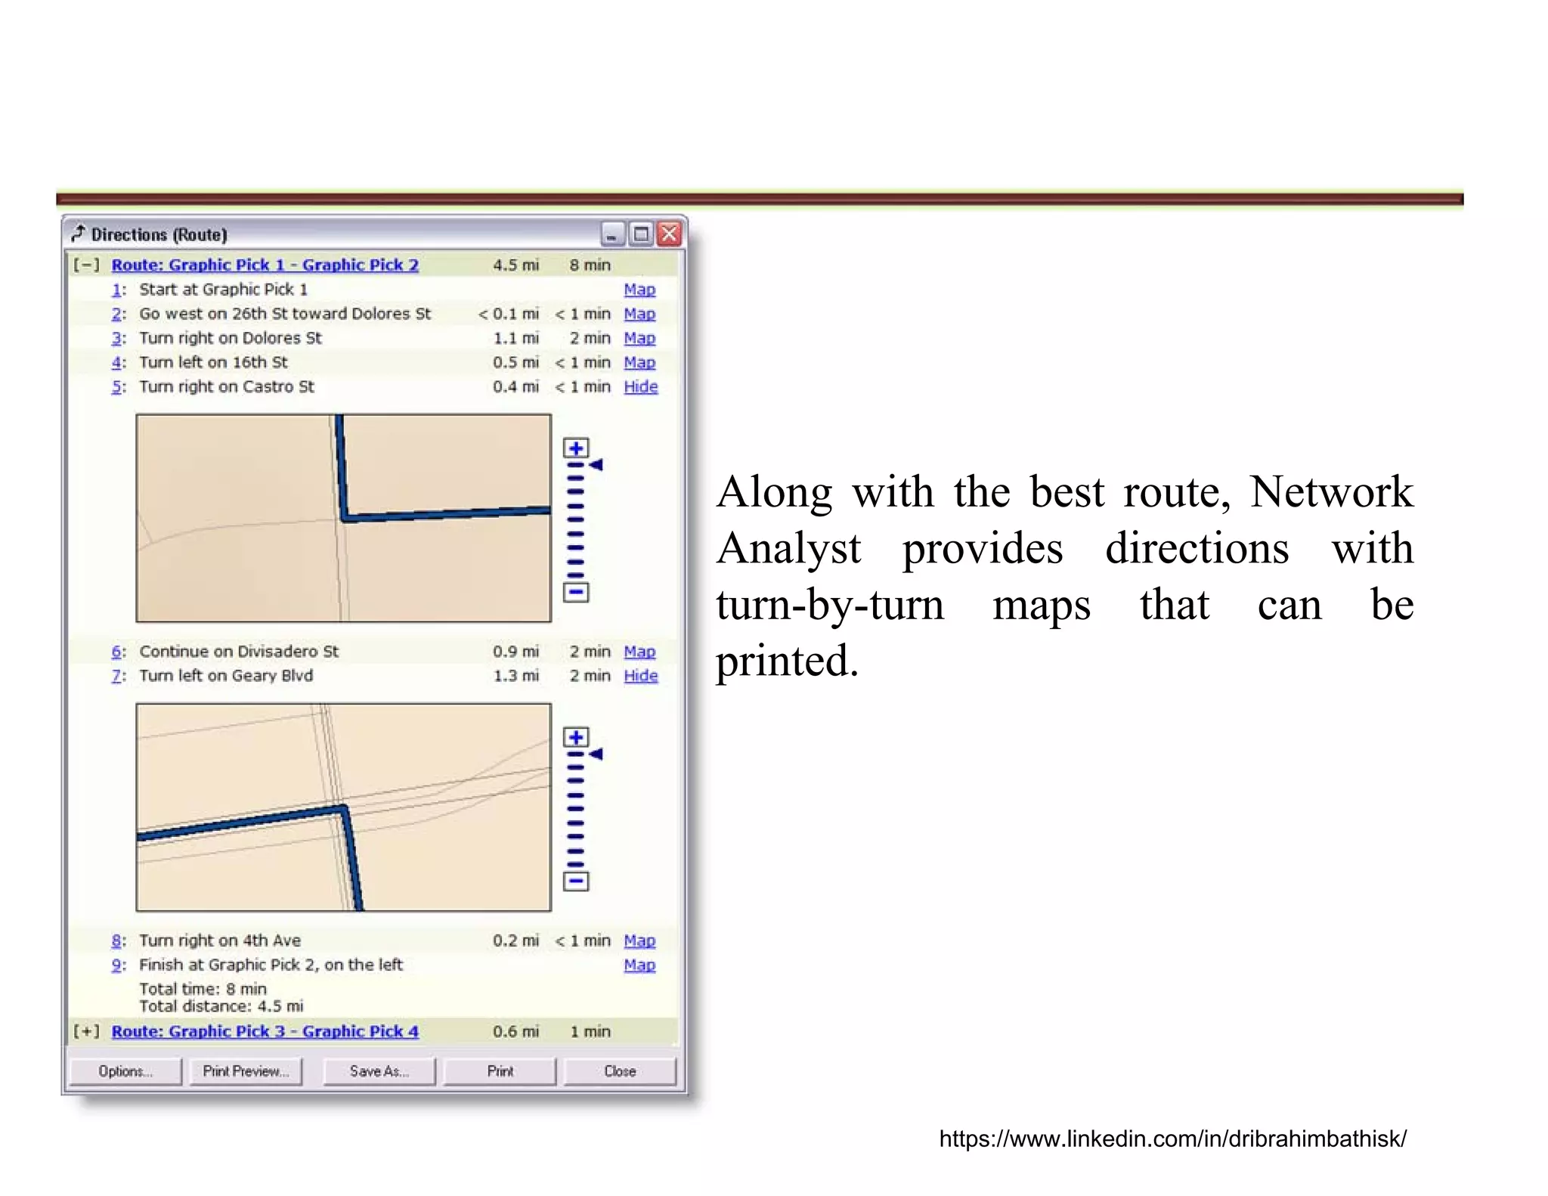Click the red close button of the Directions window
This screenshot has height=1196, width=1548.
point(669,234)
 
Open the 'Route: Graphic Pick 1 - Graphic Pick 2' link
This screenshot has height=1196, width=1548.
point(265,265)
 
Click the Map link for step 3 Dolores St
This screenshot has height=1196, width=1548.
point(639,338)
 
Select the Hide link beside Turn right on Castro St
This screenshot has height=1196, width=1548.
point(641,386)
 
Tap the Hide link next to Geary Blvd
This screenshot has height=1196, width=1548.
point(641,676)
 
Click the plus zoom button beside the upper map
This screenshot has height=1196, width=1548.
point(576,448)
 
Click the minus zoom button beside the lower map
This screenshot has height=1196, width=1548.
point(576,882)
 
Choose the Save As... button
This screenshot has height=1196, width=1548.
point(379,1071)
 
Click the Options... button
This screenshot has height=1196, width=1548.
point(125,1071)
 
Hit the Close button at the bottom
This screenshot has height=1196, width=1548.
point(620,1071)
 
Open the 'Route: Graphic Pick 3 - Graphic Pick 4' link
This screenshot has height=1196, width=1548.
point(265,1032)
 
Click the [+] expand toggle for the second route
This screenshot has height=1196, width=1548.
point(86,1032)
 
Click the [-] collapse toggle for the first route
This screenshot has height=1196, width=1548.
point(86,265)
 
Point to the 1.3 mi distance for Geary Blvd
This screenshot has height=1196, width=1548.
point(516,676)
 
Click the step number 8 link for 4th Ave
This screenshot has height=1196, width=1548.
point(117,940)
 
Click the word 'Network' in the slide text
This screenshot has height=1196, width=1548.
point(1331,492)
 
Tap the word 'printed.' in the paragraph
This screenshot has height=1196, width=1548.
point(787,661)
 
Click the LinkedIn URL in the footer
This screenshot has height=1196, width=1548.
point(1172,1139)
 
